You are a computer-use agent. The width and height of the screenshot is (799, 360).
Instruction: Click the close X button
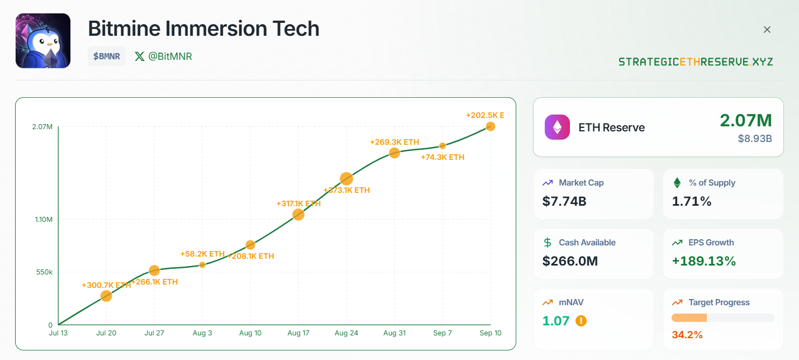767,30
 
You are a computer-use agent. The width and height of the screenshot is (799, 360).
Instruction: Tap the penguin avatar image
43,41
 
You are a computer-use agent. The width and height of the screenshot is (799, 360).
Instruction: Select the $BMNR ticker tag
107,56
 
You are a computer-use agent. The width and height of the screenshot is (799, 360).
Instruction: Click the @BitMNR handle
164,56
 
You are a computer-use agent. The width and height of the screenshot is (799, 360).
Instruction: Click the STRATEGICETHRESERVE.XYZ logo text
696,61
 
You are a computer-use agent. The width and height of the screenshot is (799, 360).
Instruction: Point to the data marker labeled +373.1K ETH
346,179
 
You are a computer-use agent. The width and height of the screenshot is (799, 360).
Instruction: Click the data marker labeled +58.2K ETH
202,265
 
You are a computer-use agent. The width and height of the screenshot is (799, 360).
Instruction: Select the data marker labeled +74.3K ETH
443,146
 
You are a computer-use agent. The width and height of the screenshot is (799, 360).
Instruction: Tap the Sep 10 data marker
491,126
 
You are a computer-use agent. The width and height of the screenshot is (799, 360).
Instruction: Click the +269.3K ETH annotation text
394,142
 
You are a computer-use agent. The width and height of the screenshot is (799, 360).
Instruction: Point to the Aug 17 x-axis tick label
298,333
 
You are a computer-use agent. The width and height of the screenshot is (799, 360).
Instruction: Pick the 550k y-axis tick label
44,272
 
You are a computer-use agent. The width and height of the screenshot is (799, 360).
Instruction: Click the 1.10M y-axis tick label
44,219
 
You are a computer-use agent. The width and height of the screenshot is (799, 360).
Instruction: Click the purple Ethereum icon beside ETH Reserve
557,127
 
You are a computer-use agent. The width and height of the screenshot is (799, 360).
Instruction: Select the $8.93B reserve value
754,138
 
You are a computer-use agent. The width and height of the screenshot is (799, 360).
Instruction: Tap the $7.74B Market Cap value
564,201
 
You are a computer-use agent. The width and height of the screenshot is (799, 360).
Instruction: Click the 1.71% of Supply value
692,201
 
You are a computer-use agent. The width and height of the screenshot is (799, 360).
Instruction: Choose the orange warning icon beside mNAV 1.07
581,321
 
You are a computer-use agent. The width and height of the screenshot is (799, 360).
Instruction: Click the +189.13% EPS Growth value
704,261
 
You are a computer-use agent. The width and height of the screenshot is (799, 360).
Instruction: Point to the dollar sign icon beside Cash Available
548,243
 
